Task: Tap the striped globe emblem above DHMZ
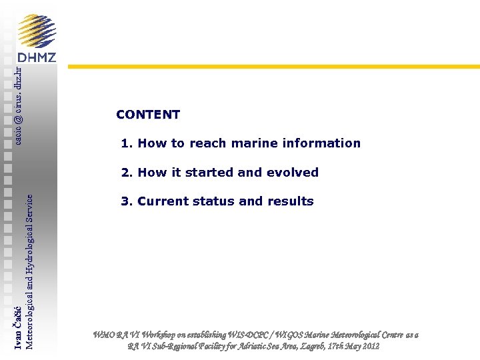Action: pyautogui.click(x=37, y=30)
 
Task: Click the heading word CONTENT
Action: pyautogui.click(x=147, y=115)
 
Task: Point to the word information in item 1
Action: pyautogui.click(x=322, y=143)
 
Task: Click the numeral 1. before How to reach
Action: pyautogui.click(x=127, y=143)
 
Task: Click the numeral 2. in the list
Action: pyautogui.click(x=127, y=173)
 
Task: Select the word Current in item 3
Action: pyautogui.click(x=164, y=201)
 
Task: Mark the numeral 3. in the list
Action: pyautogui.click(x=127, y=201)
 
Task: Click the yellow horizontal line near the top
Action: pyautogui.click(x=273, y=67)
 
